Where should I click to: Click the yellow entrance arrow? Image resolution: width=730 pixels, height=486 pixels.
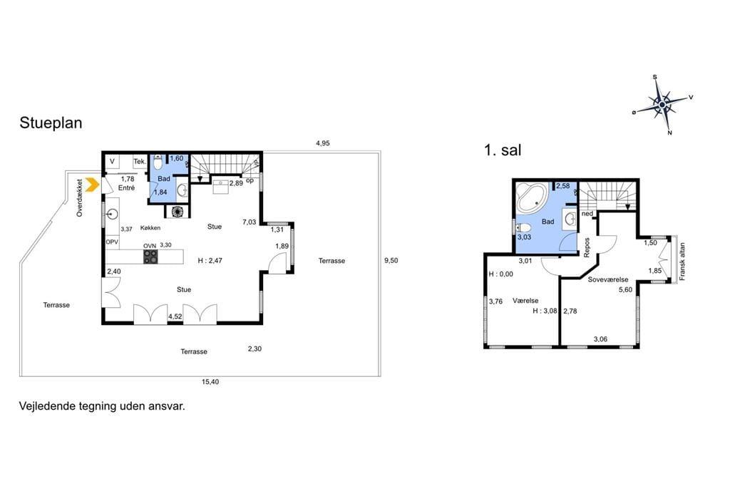click(93, 185)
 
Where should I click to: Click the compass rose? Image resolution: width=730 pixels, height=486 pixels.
click(662, 105)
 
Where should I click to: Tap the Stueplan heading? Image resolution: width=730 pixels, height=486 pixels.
click(51, 123)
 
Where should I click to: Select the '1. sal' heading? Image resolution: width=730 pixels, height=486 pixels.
click(503, 150)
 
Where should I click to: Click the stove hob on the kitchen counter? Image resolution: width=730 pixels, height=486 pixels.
click(150, 257)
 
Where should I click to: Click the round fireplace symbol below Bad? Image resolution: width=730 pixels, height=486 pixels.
click(178, 212)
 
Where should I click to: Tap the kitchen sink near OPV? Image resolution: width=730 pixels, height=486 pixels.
click(112, 214)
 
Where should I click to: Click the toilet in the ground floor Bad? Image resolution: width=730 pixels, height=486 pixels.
click(158, 163)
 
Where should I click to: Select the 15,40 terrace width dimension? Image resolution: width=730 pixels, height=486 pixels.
click(210, 382)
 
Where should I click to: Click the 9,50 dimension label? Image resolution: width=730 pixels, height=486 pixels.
click(391, 261)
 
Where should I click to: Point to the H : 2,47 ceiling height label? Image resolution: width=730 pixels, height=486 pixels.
click(210, 261)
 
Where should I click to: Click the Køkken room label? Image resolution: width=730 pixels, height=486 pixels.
click(150, 228)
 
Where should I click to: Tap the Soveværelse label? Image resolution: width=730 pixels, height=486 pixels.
click(608, 280)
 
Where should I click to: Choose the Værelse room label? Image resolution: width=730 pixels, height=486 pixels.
click(525, 301)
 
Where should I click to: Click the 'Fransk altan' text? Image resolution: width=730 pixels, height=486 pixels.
click(682, 262)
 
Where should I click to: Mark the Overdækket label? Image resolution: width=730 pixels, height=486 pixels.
click(80, 198)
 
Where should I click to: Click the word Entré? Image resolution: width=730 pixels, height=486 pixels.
click(127, 188)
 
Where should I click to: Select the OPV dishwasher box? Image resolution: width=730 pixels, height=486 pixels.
click(112, 242)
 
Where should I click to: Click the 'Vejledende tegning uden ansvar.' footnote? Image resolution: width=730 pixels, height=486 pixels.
click(102, 406)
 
